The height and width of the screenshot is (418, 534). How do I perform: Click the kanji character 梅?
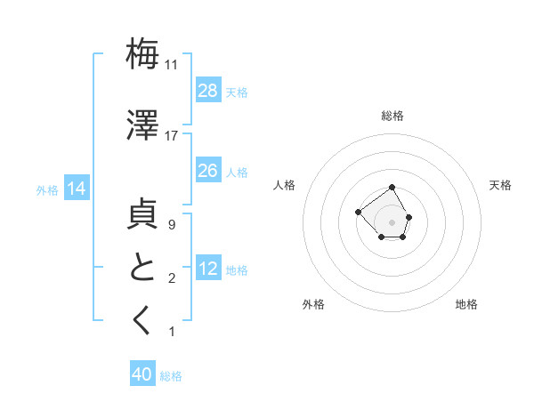click(x=142, y=54)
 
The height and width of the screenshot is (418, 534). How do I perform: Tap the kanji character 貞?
click(x=142, y=217)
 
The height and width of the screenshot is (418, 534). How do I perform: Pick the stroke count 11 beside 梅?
click(x=171, y=65)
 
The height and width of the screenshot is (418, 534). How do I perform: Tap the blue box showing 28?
click(x=208, y=91)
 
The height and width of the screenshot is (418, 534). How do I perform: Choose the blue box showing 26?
click(x=208, y=171)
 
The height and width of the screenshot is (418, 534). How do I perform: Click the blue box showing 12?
click(x=208, y=269)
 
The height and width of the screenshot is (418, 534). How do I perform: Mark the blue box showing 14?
click(x=76, y=189)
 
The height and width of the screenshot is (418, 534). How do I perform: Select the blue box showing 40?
click(x=142, y=374)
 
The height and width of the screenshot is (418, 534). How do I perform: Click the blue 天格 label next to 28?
click(x=237, y=92)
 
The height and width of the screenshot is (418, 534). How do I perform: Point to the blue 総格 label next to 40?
click(x=171, y=376)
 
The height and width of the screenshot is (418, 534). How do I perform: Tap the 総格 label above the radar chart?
click(x=392, y=116)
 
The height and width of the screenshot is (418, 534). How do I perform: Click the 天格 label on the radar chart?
click(x=500, y=185)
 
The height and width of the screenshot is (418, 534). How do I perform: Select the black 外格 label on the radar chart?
click(x=313, y=304)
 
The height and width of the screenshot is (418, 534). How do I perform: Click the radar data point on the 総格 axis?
click(x=392, y=188)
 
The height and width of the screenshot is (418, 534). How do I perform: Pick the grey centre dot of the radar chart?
click(x=392, y=221)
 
